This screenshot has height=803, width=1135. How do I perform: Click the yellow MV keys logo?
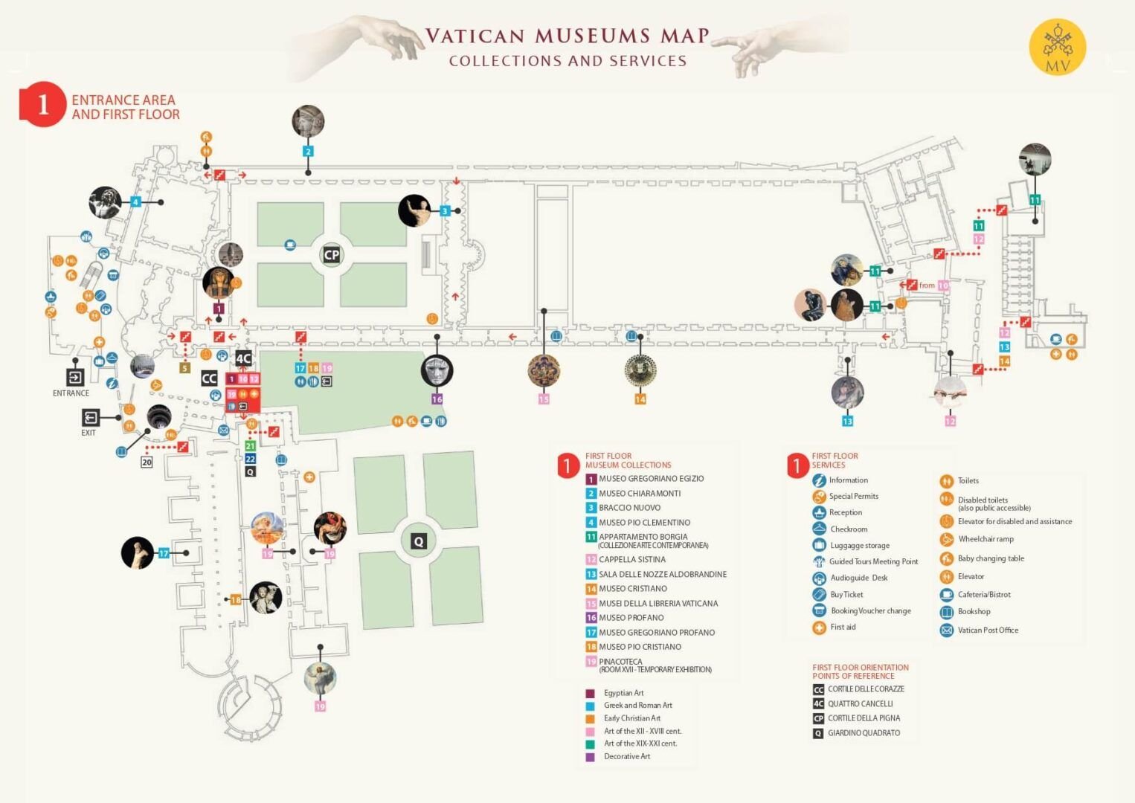pyautogui.click(x=1057, y=48)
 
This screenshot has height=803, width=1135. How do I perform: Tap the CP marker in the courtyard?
pyautogui.click(x=331, y=255)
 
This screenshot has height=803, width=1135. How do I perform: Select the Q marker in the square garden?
pyautogui.click(x=419, y=541)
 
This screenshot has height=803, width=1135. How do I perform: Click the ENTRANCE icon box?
pyautogui.click(x=75, y=377)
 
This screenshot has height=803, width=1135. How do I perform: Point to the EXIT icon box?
pyautogui.click(x=91, y=417)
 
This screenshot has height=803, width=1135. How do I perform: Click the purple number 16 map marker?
pyautogui.click(x=437, y=399)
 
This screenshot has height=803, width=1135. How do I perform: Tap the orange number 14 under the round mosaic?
pyautogui.click(x=640, y=399)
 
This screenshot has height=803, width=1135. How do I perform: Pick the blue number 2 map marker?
pyautogui.click(x=308, y=152)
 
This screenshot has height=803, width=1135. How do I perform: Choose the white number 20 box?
pyautogui.click(x=147, y=462)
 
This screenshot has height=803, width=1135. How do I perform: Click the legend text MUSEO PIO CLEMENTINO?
pyautogui.click(x=644, y=523)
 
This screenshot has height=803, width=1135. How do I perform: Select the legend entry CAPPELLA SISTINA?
pyautogui.click(x=632, y=560)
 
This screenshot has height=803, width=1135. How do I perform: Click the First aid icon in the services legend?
pyautogui.click(x=819, y=628)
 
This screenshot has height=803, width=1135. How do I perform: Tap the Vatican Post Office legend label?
pyautogui.click(x=988, y=631)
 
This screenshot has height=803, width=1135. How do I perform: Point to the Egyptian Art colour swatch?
pyautogui.click(x=591, y=693)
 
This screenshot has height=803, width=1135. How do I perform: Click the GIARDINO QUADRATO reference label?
pyautogui.click(x=864, y=733)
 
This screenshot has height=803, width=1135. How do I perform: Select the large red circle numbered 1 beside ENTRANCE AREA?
pyautogui.click(x=43, y=104)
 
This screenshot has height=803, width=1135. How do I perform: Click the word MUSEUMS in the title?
pyautogui.click(x=592, y=36)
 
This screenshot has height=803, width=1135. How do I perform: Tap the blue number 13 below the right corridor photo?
pyautogui.click(x=847, y=422)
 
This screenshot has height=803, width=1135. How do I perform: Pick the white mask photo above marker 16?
pyautogui.click(x=437, y=370)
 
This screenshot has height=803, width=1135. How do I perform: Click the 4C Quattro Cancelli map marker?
pyautogui.click(x=243, y=358)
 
